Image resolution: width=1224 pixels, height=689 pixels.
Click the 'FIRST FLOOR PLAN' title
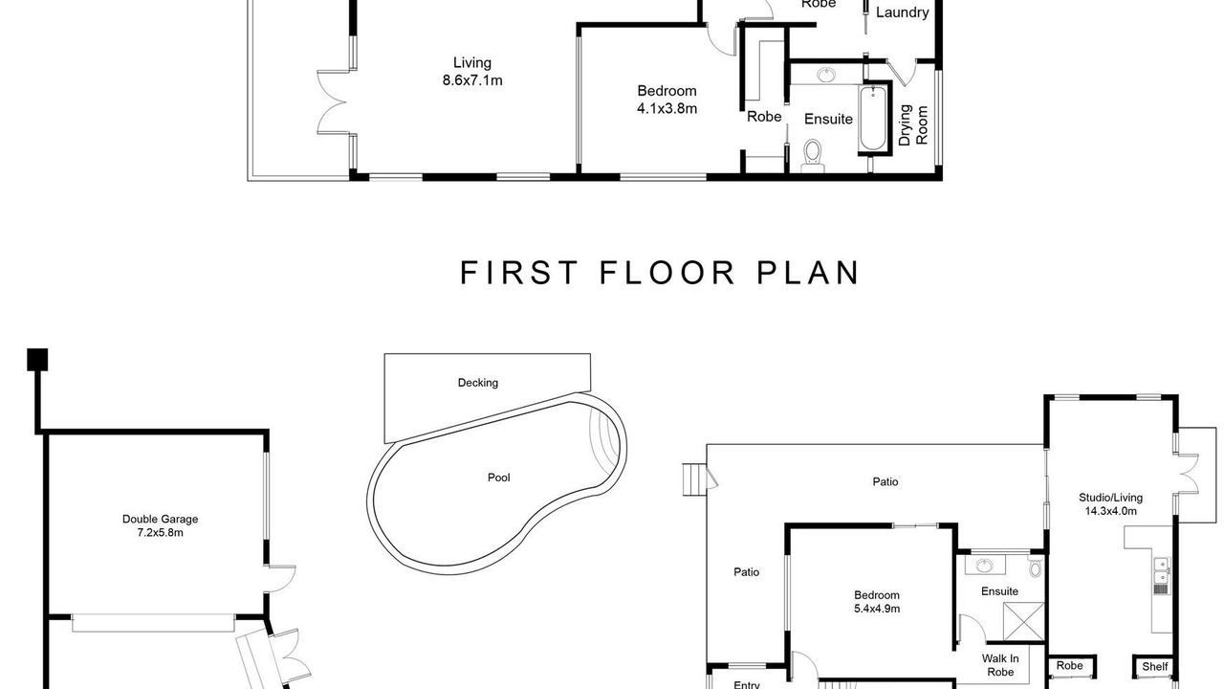660,273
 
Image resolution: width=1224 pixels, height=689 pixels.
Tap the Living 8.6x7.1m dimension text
472,80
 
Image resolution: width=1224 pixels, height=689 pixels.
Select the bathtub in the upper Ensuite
873,118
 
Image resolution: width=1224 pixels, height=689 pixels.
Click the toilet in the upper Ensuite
813,155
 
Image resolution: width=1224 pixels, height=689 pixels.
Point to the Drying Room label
912,125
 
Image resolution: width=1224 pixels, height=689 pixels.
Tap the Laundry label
902,12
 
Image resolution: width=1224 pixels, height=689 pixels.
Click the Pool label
498,478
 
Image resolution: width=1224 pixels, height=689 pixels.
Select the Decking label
477,383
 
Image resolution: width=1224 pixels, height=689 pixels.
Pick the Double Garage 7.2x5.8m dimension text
160,533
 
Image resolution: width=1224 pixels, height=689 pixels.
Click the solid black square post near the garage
37,360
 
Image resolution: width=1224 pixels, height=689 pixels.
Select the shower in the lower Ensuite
1023,621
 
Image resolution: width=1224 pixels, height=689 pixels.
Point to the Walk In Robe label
1000,665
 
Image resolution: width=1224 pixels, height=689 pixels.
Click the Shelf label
1154,667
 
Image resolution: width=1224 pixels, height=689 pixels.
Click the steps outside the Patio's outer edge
694,479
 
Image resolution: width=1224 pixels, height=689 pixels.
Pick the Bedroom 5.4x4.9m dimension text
877,609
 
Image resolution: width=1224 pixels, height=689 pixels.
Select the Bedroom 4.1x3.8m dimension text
667,109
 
